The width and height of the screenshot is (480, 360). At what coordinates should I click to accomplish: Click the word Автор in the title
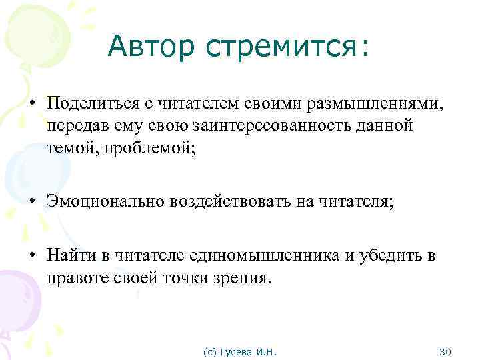148,46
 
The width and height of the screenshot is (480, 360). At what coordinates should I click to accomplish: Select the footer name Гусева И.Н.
252,351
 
